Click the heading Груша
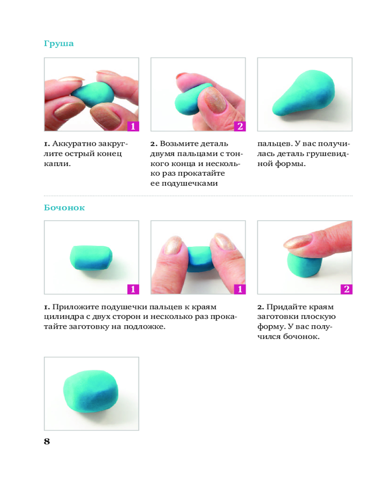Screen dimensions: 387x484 (59, 44)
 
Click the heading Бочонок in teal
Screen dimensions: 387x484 (64, 208)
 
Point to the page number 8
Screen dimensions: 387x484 (47, 441)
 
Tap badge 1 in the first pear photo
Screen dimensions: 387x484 (133, 126)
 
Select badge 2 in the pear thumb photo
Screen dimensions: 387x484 (240, 126)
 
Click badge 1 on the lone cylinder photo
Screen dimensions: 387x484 (133, 289)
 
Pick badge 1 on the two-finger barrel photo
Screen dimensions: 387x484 (240, 289)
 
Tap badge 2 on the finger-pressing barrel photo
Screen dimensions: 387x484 (346, 289)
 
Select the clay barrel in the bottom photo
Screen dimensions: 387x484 (91, 391)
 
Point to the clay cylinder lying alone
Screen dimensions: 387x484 (91, 257)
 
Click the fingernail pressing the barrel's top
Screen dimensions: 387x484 (299, 242)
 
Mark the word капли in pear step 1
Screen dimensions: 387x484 (56, 164)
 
